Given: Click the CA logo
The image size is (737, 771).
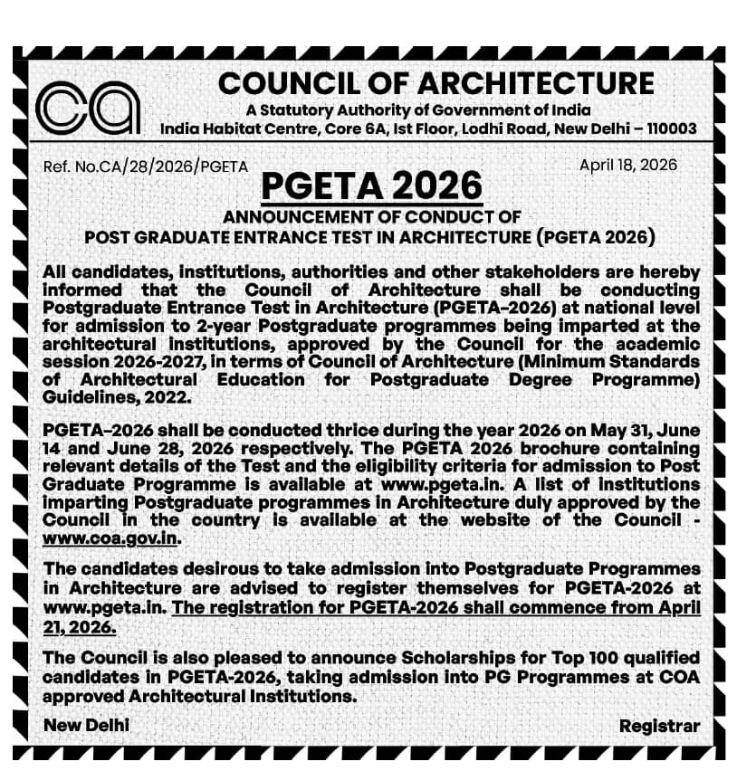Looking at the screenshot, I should coord(88,107).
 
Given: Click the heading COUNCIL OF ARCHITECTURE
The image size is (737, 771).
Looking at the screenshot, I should coord(435,83).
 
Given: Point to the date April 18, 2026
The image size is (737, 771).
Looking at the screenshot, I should coord(627,164).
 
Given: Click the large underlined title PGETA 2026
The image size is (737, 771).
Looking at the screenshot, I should coord(371,186).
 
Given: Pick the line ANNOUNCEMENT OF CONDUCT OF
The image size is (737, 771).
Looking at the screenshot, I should coord(371,217).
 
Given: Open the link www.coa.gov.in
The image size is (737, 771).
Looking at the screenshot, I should coord(112,538).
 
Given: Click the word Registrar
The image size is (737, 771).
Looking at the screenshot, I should coord(659,726).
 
